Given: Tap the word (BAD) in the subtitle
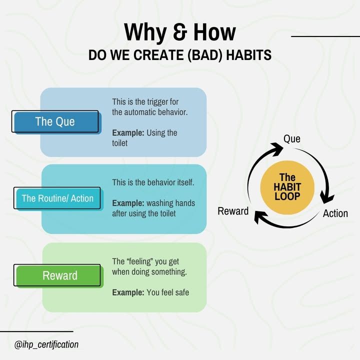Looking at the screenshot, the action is (x=205, y=55).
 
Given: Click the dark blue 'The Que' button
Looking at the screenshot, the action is (x=56, y=121).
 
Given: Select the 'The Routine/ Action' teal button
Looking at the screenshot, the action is (x=58, y=198).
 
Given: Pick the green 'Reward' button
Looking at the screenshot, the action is (x=59, y=275).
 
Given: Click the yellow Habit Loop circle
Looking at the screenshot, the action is (x=287, y=187).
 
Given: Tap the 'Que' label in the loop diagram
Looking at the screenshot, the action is (x=292, y=138).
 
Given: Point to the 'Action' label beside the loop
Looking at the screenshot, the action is (x=335, y=213).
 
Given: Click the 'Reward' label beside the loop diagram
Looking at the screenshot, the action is (x=233, y=211).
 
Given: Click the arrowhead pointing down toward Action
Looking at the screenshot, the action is (x=327, y=197).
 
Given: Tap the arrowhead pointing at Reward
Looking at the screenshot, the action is (x=261, y=217).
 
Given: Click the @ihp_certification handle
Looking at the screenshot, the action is (x=46, y=344).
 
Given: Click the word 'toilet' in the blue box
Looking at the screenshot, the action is (x=119, y=143).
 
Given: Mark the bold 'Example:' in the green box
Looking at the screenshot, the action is (x=128, y=292).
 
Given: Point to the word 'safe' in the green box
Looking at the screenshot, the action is (x=182, y=292).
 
